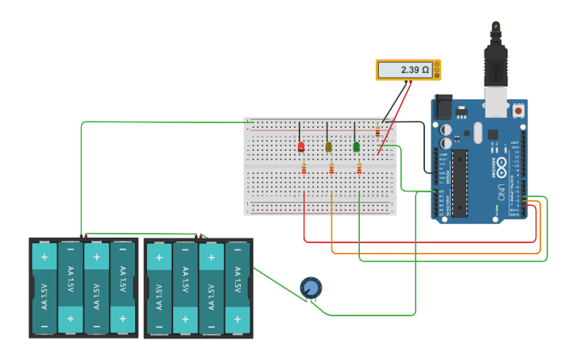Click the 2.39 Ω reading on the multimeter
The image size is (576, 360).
pos(407,70)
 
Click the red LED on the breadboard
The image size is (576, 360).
pos(301,147)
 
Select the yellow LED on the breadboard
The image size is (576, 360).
pos(329,147)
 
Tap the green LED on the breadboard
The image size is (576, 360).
pos(356,147)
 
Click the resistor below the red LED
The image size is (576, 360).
pos(304,168)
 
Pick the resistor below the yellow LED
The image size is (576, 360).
pos(331,168)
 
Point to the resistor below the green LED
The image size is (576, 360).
pos(359,168)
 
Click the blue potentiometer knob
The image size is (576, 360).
pos(311,288)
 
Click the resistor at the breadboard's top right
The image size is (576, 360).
pos(377,133)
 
